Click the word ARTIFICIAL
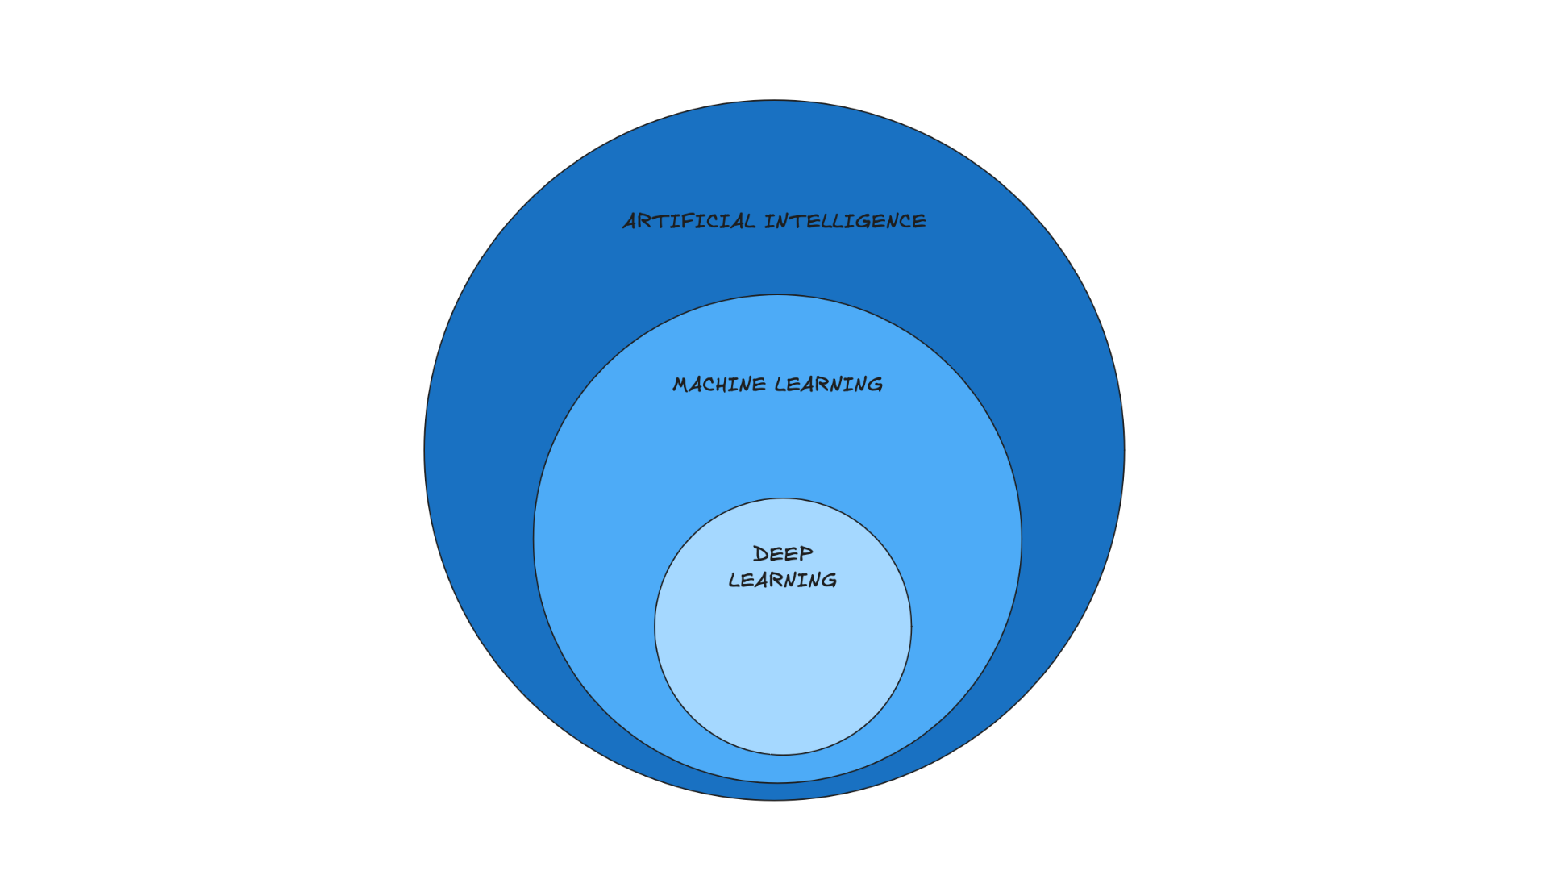689,221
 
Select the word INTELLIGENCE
845,221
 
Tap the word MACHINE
719,385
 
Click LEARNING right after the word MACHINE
829,385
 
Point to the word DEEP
783,554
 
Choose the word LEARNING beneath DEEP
783,580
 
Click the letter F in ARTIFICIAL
686,221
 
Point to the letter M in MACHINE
682,385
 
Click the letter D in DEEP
760,554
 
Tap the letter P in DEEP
805,554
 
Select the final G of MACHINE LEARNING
874,385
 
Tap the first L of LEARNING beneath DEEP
734,580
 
